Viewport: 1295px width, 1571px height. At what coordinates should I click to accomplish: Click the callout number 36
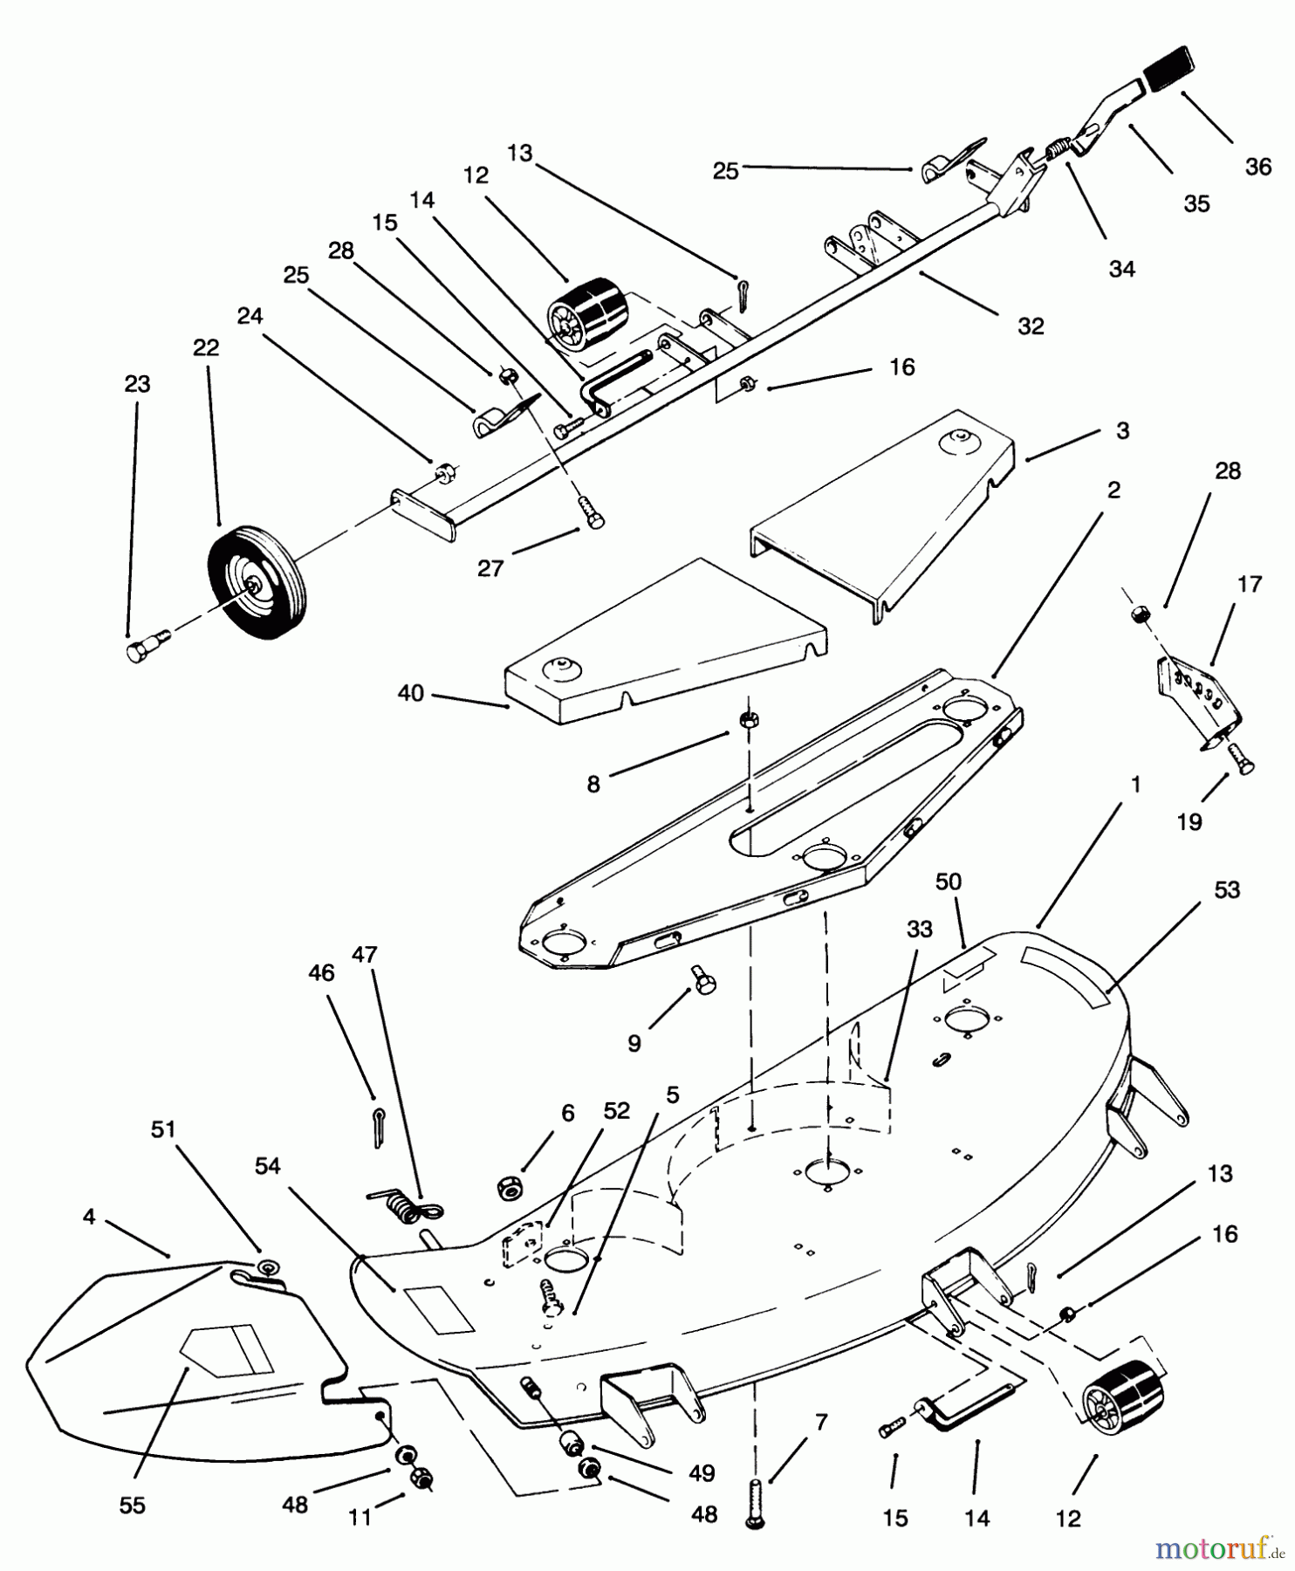coord(1257,166)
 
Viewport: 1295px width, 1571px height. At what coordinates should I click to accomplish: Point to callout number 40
coord(410,693)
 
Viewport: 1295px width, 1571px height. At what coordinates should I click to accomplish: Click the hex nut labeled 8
coord(749,719)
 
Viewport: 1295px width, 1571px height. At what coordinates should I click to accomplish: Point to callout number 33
coord(919,930)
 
